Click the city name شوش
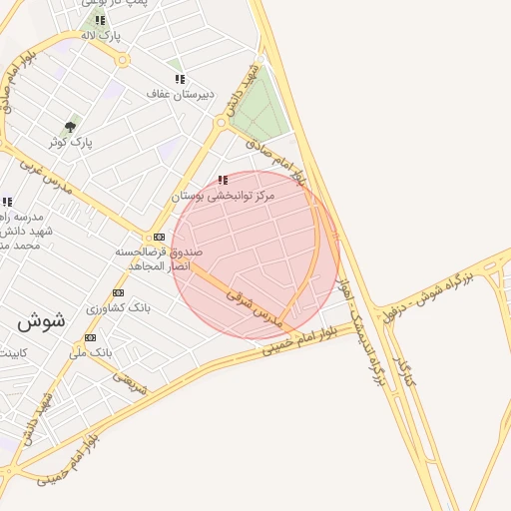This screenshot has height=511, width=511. [41, 321]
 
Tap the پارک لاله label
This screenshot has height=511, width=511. [101, 36]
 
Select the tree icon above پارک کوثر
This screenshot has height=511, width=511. [70, 127]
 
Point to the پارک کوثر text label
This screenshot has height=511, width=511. [75, 143]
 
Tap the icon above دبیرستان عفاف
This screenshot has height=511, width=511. [180, 79]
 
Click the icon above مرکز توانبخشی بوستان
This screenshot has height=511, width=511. [223, 181]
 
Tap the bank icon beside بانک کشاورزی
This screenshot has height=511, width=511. [119, 293]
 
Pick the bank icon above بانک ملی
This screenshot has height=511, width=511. [91, 338]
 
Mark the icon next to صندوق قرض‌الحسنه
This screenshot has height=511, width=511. [160, 237]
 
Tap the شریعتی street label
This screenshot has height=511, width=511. [129, 382]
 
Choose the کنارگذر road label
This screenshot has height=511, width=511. [403, 370]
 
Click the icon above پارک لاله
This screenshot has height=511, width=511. [100, 20]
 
